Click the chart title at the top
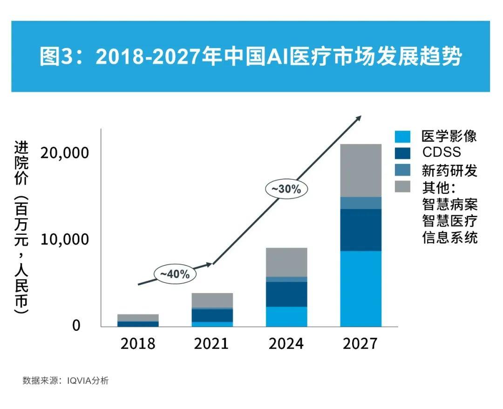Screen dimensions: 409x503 [x=251, y=57]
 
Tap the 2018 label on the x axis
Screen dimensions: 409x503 [x=137, y=344]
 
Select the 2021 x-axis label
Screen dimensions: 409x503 [x=211, y=344]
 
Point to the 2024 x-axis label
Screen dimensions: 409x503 [x=286, y=344]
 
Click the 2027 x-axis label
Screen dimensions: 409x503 [x=360, y=344]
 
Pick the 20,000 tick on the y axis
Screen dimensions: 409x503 [x=64, y=152]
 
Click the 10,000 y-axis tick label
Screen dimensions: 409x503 [x=64, y=239]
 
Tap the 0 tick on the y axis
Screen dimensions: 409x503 [x=76, y=326]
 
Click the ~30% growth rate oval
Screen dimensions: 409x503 [x=286, y=189]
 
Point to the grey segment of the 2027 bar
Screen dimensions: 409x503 [x=360, y=170]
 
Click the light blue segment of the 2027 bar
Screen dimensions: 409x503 [x=360, y=288]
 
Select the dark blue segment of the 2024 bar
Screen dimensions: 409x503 [x=286, y=294]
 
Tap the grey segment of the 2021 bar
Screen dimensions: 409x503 [x=212, y=300]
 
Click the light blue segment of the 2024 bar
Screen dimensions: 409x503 [x=286, y=316]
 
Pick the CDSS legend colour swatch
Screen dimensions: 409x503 [x=402, y=153]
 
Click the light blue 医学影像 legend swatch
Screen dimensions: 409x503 [x=402, y=136]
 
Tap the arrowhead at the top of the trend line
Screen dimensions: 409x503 [x=359, y=118]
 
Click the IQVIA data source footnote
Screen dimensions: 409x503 [x=66, y=381]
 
